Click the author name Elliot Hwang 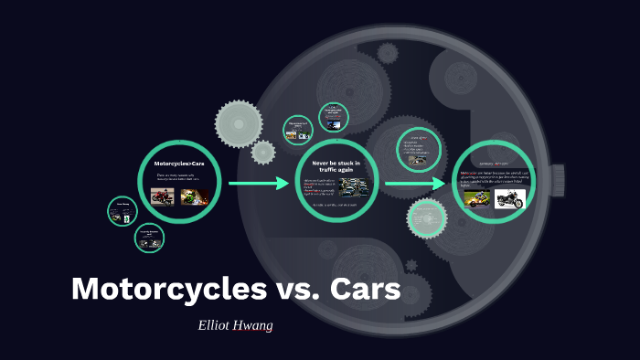coord(236,323)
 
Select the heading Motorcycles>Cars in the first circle coord(179,164)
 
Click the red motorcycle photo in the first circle coord(162,196)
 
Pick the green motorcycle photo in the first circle coord(192,196)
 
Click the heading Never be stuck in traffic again coord(336,165)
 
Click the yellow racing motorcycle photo coord(475,198)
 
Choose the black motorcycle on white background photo coord(508,198)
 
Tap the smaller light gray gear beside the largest coord(263,152)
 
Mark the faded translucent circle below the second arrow coord(425,217)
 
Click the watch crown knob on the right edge coord(558,175)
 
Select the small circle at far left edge coord(122,211)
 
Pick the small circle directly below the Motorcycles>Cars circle coord(149,238)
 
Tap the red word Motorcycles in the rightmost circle coord(469,172)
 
